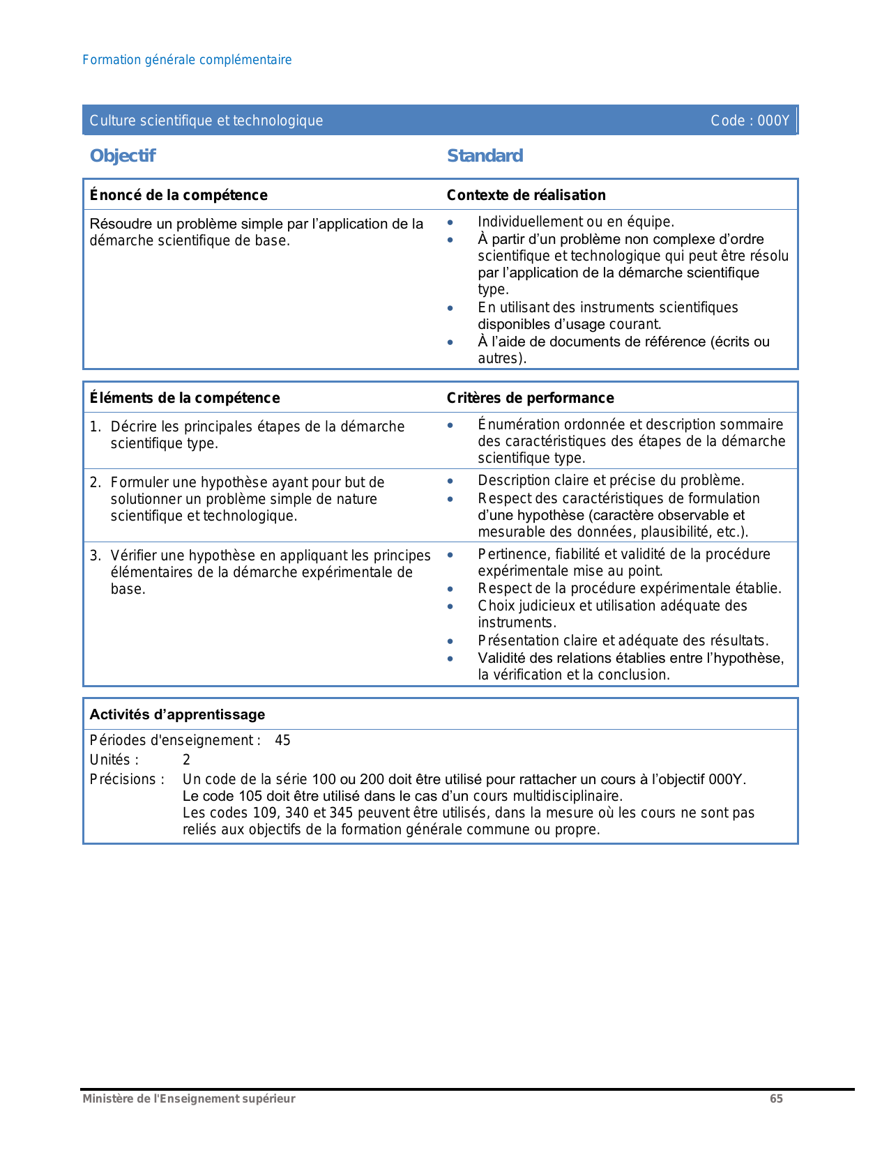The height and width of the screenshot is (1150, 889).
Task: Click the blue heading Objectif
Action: coord(123,155)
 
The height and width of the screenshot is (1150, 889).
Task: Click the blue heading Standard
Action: coord(485,155)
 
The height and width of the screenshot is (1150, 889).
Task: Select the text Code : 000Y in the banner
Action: coord(750,121)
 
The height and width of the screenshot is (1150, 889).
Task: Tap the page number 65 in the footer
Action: coord(776,1098)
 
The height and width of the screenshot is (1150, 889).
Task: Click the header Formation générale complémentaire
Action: coord(187,60)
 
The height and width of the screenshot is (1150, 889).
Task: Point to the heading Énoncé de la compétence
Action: coord(178,195)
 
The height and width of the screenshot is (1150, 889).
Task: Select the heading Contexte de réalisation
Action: coord(526,195)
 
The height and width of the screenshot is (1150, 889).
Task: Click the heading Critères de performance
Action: coord(530,398)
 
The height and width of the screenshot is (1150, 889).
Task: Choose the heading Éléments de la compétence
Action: coord(185,398)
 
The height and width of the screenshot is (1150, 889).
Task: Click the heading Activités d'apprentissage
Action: coord(177,714)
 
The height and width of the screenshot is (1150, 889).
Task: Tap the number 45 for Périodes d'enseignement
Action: coord(282,740)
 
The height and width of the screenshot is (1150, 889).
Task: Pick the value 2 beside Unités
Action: coord(186,760)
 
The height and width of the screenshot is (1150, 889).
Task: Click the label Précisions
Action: coord(127,779)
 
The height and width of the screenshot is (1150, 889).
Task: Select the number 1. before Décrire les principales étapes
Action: coord(96,427)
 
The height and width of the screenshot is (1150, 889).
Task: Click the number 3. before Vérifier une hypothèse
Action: coord(96,555)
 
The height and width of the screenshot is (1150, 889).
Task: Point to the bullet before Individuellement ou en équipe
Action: coord(450,222)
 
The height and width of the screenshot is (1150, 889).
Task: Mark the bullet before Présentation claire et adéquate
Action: coord(450,641)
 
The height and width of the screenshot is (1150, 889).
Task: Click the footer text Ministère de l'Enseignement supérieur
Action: coord(189,1098)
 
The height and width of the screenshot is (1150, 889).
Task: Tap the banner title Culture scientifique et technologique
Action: coord(206,121)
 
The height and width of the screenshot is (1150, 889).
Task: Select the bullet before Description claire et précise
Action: coord(450,481)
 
